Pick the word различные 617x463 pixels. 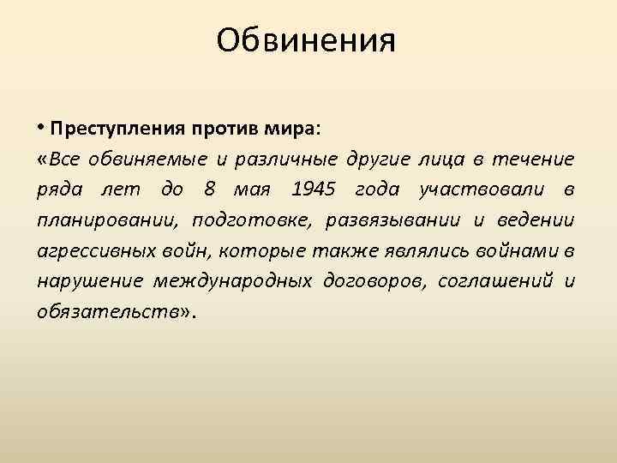click(287, 159)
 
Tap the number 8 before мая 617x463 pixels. click(211, 189)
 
